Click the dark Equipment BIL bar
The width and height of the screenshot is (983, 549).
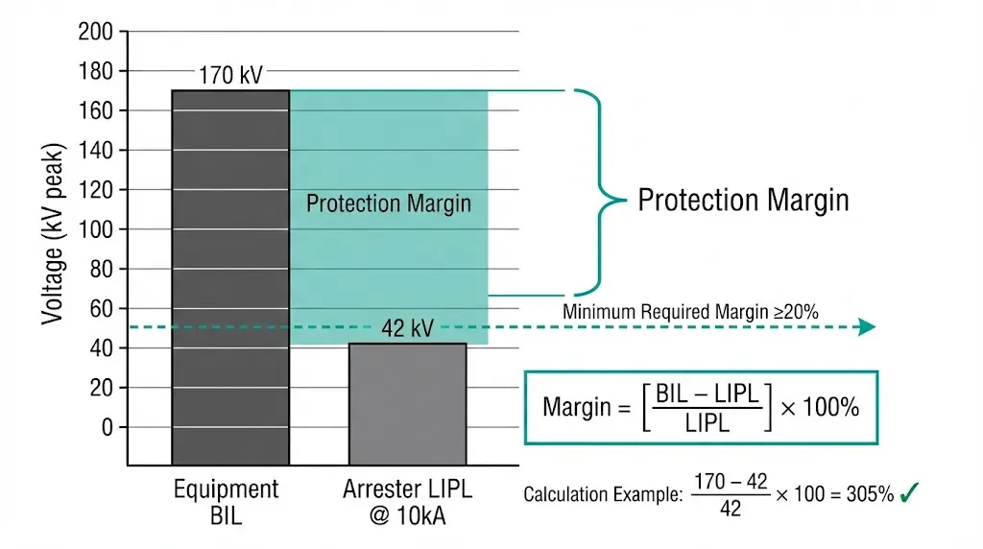click(229, 278)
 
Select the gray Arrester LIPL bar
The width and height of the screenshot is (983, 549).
click(407, 403)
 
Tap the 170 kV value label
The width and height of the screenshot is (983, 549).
click(230, 75)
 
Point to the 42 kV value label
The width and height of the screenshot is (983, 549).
click(407, 329)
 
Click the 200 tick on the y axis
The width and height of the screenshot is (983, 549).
click(96, 33)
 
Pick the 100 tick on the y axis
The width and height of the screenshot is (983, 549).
click(96, 229)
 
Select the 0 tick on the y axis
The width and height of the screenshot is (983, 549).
click(107, 427)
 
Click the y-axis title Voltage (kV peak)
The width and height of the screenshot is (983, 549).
click(53, 235)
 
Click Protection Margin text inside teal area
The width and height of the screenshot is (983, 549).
click(389, 203)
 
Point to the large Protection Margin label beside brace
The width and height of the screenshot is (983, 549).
click(743, 200)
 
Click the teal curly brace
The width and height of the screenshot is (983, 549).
click(597, 192)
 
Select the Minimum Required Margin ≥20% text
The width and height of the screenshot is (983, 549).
click(689, 311)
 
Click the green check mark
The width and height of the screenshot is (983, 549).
click(911, 493)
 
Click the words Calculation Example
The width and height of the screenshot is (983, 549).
click(603, 495)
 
